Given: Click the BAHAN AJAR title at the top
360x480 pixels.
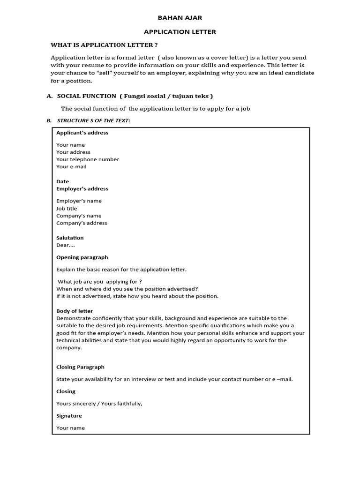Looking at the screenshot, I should [x=180, y=18].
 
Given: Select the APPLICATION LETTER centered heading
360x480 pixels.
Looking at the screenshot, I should [x=180, y=32].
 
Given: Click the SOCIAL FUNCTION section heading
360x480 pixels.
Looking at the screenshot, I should [x=86, y=96].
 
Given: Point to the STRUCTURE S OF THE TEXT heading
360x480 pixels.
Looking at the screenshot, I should [x=93, y=121].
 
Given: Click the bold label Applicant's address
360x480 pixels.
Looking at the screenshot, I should [x=82, y=133].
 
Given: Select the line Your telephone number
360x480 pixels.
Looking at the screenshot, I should [x=88, y=159].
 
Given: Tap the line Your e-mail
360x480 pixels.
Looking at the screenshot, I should [x=71, y=166].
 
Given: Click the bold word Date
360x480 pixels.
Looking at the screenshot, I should [x=62, y=181].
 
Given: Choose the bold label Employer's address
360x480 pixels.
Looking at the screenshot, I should [x=82, y=188].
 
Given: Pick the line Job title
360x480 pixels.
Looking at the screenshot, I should [x=67, y=209].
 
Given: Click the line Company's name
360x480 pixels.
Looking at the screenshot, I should [x=79, y=216].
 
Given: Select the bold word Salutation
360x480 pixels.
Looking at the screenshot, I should [x=70, y=238].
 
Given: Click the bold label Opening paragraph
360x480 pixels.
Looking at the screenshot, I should [x=82, y=257].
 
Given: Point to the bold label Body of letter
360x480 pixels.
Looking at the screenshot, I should [x=75, y=311].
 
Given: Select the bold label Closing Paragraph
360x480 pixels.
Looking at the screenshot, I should [x=80, y=367].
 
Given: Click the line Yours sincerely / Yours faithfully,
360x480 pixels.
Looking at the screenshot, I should [x=99, y=404].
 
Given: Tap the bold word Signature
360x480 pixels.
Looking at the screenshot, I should [x=69, y=416].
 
